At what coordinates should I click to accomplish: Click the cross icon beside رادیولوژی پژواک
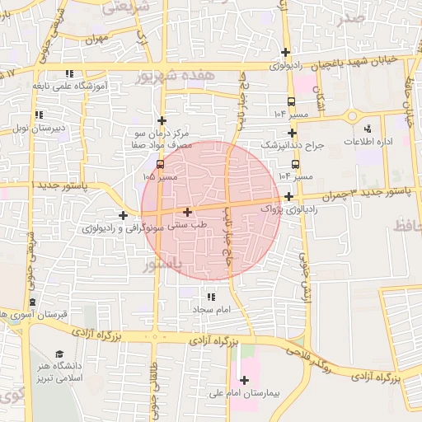click(288, 196)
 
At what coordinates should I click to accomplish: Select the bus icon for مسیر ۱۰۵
click(160, 163)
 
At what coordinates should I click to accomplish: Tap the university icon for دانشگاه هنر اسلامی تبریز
click(59, 354)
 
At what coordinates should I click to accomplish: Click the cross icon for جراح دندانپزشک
click(292, 133)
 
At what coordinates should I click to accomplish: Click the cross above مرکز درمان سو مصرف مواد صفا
click(162, 120)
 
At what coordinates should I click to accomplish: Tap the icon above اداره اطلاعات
click(367, 128)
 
